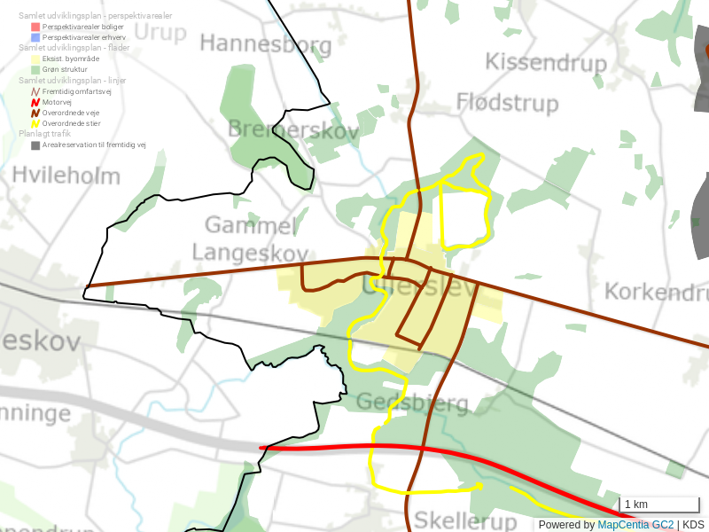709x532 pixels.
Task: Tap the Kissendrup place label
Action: (x=546, y=63)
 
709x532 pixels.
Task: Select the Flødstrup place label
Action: (x=507, y=103)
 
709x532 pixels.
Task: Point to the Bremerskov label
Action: (x=292, y=130)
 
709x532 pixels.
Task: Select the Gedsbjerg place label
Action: (x=411, y=403)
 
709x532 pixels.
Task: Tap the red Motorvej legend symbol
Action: (x=35, y=102)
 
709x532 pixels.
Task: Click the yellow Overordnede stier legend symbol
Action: (x=35, y=123)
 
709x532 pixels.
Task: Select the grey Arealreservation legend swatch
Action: (x=35, y=145)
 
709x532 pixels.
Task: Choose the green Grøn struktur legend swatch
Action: (x=35, y=69)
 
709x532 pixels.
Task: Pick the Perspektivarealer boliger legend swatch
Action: (x=35, y=27)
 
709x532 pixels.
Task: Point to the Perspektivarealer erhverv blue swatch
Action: (x=35, y=37)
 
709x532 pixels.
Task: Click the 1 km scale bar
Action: (x=658, y=505)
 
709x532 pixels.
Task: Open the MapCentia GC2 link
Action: (x=635, y=524)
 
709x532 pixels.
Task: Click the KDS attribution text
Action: (x=693, y=524)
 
